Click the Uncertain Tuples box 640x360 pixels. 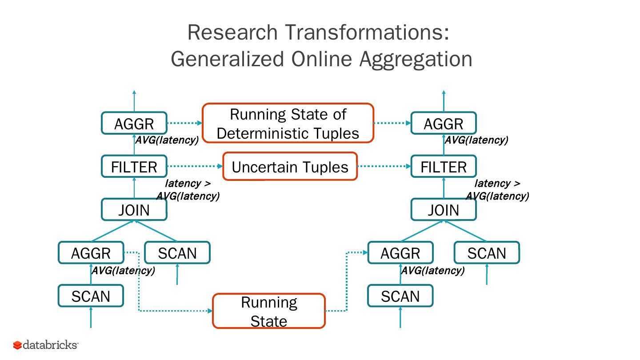[x=290, y=167]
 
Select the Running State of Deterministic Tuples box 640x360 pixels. [x=288, y=123]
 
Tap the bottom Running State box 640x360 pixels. [x=269, y=311]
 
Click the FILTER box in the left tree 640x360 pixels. [x=134, y=167]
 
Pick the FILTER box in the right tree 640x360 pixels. [x=444, y=167]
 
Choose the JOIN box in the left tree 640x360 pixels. [x=134, y=210]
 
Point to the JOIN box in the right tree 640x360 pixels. [x=444, y=210]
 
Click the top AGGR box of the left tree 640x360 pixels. [x=134, y=123]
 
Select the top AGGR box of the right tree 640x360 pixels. [x=444, y=123]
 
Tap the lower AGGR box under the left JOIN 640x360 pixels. [x=91, y=253]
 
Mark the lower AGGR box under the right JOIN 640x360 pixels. [x=400, y=253]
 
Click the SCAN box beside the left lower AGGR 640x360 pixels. [x=177, y=253]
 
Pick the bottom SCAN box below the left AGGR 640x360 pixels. [x=91, y=296]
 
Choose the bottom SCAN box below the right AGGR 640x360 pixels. [x=400, y=296]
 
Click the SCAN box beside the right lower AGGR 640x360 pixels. [x=487, y=253]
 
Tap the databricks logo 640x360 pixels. [x=46, y=345]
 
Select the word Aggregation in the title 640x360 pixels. [x=416, y=59]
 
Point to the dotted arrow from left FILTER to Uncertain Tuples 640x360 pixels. [x=195, y=167]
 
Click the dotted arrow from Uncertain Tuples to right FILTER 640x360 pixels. [x=384, y=167]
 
